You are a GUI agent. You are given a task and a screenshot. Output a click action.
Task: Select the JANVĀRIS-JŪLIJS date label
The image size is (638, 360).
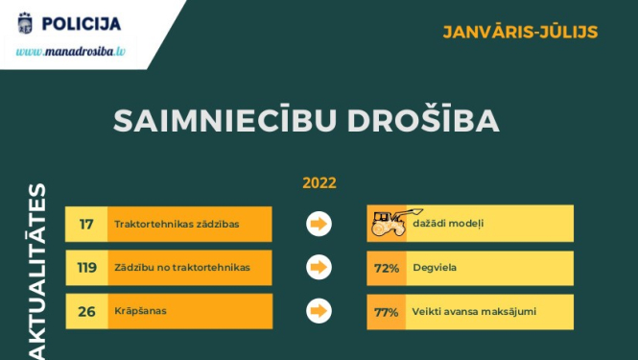(521, 32)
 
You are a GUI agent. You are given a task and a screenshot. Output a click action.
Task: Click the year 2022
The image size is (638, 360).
(319, 182)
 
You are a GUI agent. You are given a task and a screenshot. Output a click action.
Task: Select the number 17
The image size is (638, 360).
(86, 225)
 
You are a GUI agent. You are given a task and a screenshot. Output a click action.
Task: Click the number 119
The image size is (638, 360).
(86, 268)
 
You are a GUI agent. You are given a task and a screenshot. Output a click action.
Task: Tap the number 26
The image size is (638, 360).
(86, 311)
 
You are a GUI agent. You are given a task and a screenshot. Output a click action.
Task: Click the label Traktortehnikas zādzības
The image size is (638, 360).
(177, 225)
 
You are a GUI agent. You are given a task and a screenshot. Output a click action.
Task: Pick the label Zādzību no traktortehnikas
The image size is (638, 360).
(181, 268)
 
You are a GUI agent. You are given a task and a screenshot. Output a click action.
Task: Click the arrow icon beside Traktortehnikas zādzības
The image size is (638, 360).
(318, 225)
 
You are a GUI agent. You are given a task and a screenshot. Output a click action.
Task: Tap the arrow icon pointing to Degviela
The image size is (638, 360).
(318, 268)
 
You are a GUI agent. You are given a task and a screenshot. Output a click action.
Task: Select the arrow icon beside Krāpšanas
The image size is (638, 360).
(318, 311)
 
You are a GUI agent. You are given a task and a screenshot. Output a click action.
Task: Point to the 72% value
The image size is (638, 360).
(387, 268)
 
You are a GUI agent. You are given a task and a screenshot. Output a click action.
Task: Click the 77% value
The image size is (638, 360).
(387, 311)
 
